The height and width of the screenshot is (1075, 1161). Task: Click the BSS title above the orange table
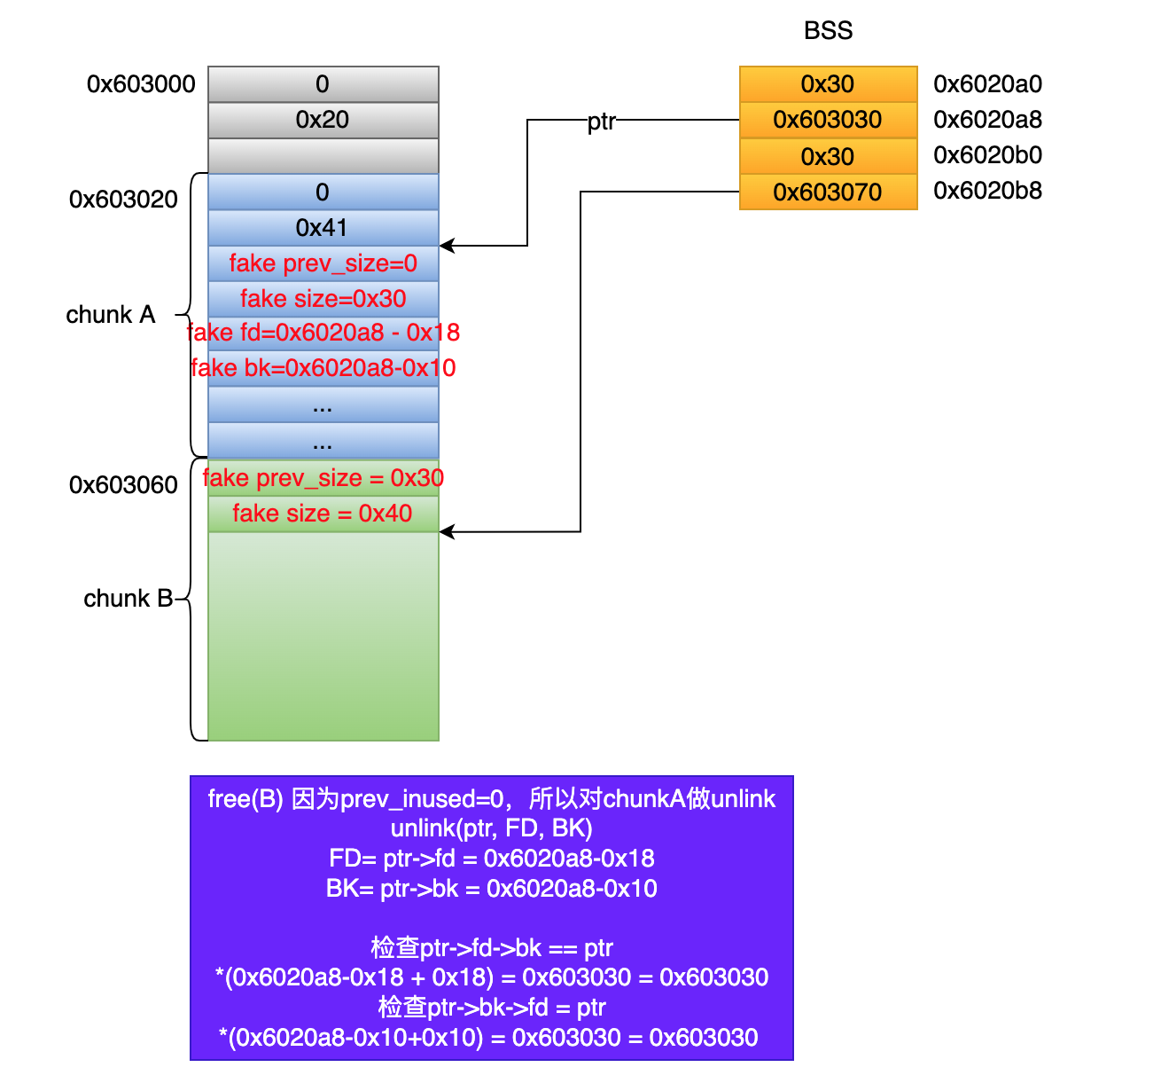pos(828,31)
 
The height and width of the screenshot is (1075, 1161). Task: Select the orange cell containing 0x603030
pos(828,120)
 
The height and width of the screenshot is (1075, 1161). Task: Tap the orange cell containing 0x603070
pos(828,192)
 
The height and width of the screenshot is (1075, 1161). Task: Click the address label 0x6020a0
pos(987,84)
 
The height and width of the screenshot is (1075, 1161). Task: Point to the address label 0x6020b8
pos(987,191)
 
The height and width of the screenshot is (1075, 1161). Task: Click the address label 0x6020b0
pos(987,155)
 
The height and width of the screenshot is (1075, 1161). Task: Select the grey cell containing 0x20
pos(323,120)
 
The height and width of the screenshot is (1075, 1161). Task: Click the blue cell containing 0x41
pos(323,228)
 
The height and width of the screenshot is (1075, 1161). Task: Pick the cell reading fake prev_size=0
pos(323,263)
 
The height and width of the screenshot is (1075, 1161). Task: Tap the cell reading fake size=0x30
pos(323,299)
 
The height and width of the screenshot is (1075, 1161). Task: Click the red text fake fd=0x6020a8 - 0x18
pos(323,333)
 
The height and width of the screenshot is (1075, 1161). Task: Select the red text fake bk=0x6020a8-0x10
pos(323,368)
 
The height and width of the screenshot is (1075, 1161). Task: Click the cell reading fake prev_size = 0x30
pos(323,478)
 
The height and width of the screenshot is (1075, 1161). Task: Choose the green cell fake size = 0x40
pos(323,514)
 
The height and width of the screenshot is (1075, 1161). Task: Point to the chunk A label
pos(111,315)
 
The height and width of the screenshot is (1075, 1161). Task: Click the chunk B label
pos(128,599)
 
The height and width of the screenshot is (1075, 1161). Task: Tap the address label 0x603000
pos(141,84)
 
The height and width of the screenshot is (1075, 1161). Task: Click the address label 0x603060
pos(123,485)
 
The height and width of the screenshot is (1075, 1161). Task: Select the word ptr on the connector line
pos(601,122)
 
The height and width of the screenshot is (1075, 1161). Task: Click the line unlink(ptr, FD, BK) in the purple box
pos(492,828)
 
